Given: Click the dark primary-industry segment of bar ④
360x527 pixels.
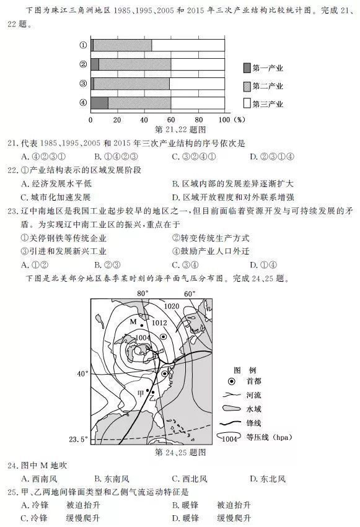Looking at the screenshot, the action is [99, 103].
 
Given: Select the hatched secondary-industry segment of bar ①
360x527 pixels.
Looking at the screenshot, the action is [123, 45].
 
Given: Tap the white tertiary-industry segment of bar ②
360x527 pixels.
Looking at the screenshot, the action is [198, 64].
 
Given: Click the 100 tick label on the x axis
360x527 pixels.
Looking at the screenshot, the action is [224, 120].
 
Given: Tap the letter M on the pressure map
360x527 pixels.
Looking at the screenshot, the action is [133, 321].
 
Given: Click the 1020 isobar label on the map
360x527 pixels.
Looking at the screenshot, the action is [172, 307].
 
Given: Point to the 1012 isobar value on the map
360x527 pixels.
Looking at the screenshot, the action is [159, 323].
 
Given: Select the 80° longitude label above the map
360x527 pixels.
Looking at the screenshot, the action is [143, 293].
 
